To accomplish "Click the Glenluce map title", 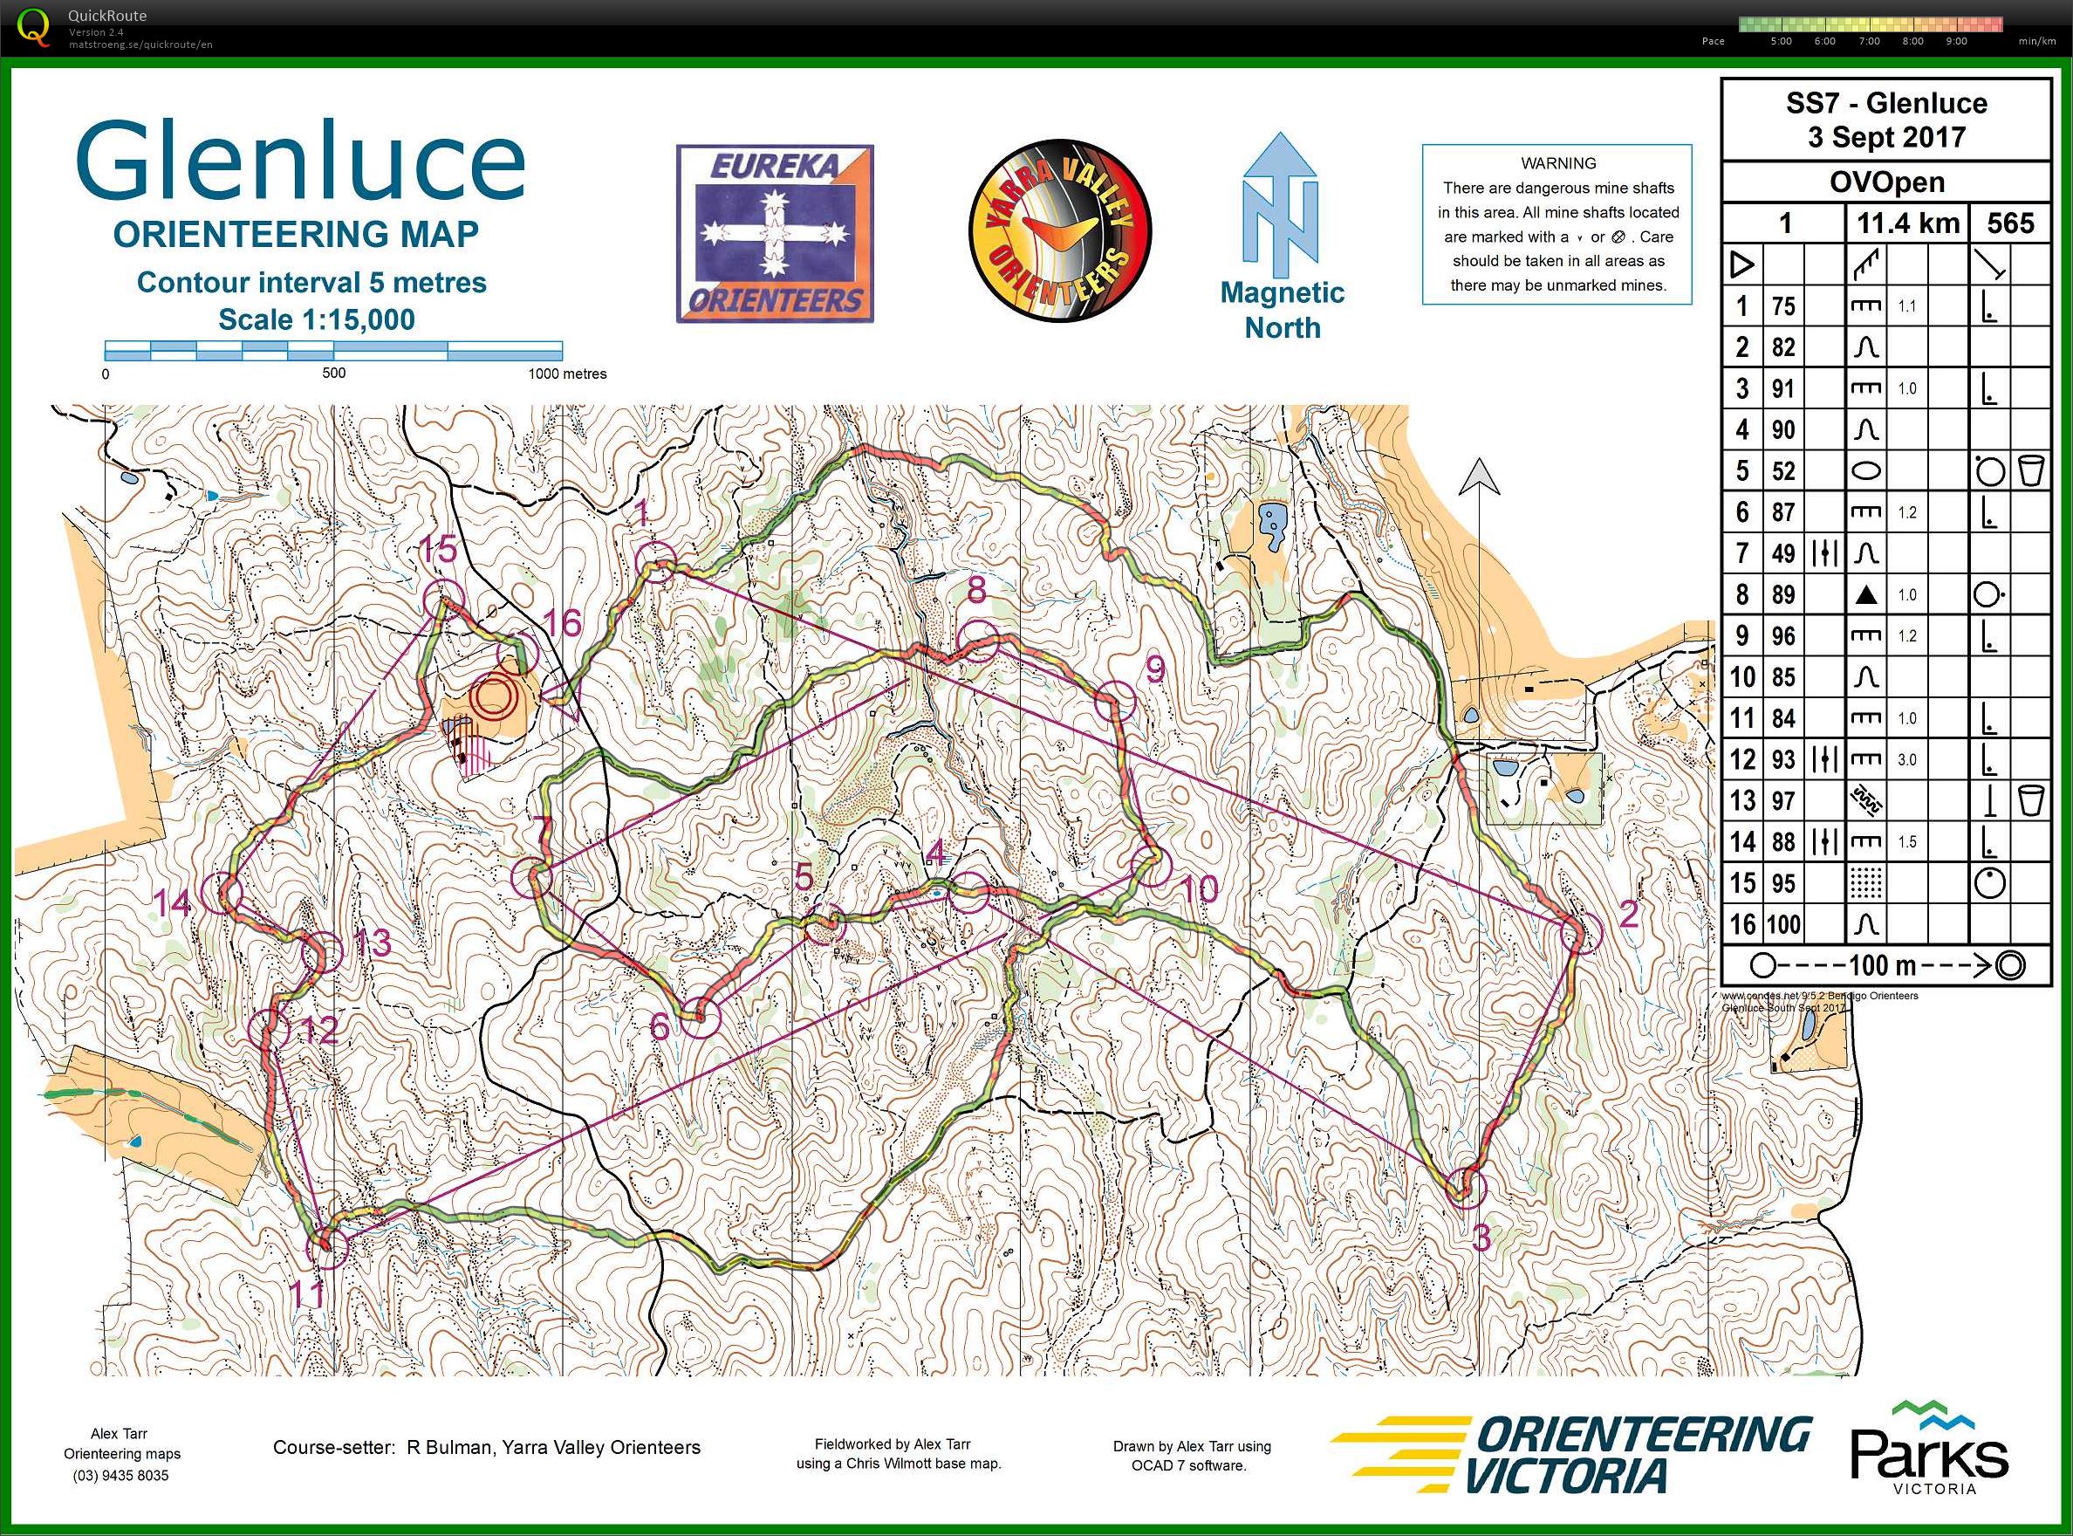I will (x=299, y=161).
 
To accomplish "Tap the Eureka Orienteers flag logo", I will (x=775, y=233).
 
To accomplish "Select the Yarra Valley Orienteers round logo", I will (x=1060, y=230).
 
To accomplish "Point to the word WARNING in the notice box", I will (x=1558, y=162).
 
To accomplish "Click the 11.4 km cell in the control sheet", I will (x=1907, y=223).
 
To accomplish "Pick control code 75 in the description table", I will (x=1782, y=306).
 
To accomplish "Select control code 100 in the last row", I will (x=1783, y=924).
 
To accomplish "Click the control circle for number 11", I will (x=327, y=1247).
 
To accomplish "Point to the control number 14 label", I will (x=171, y=902).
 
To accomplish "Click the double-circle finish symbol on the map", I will (x=494, y=697).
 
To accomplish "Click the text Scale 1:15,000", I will (x=316, y=319).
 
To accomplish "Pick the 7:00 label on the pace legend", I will (x=1869, y=41).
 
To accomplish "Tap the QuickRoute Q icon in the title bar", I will (x=34, y=26).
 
